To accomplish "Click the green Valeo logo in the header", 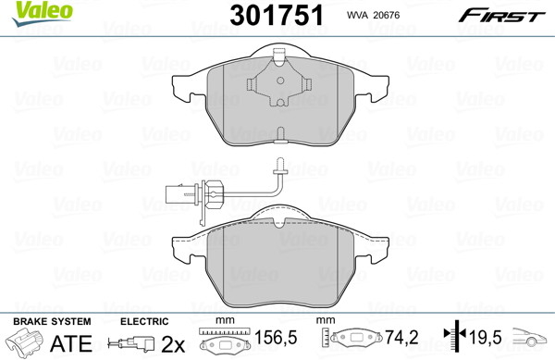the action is tap(42, 13).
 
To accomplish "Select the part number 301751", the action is tap(277, 16).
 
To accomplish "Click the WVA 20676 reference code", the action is tap(373, 15).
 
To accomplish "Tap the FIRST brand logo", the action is tap(501, 16).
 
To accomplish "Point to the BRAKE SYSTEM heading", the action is tap(52, 321).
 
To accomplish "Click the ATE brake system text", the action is tap(71, 343).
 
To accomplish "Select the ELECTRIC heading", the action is tap(144, 321).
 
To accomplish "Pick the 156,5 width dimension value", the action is tap(276, 338).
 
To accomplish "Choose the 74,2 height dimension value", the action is tap(401, 338).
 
